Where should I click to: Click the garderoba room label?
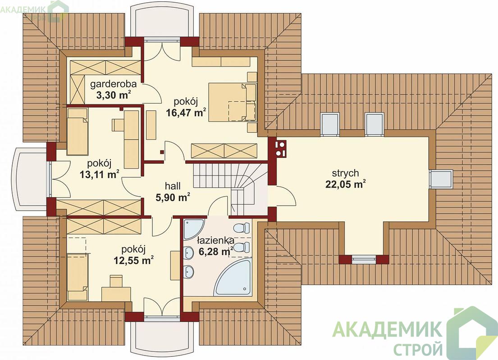114,84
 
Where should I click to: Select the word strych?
346,173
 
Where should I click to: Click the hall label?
173,186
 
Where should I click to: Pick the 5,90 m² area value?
173,197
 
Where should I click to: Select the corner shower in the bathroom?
193,229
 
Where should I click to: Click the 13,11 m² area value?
100,174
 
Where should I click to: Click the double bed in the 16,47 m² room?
232,102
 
